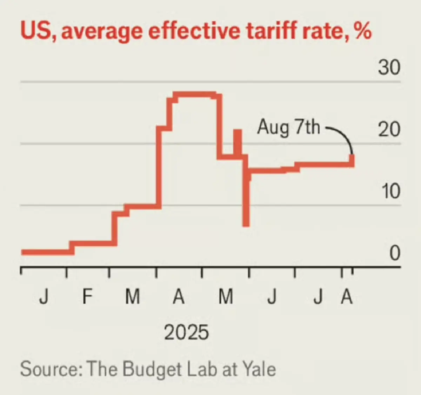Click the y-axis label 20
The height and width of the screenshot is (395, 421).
[389, 129]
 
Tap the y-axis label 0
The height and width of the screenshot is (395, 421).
[394, 253]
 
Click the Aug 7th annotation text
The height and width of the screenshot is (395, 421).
[288, 127]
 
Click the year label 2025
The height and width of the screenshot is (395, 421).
[186, 332]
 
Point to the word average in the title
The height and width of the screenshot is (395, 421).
[102, 31]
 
